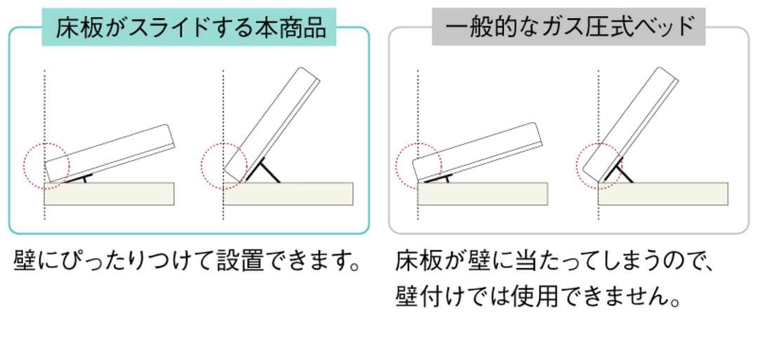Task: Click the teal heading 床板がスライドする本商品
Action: (x=190, y=29)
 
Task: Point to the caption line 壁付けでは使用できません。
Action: (x=539, y=297)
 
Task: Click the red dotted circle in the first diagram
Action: (x=46, y=164)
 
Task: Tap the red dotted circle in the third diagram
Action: (x=419, y=166)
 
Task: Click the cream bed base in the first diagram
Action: (x=109, y=194)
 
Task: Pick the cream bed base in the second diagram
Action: (x=288, y=194)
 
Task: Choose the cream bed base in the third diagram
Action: (x=482, y=194)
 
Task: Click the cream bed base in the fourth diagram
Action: (x=663, y=194)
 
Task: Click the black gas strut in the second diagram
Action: (x=267, y=170)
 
